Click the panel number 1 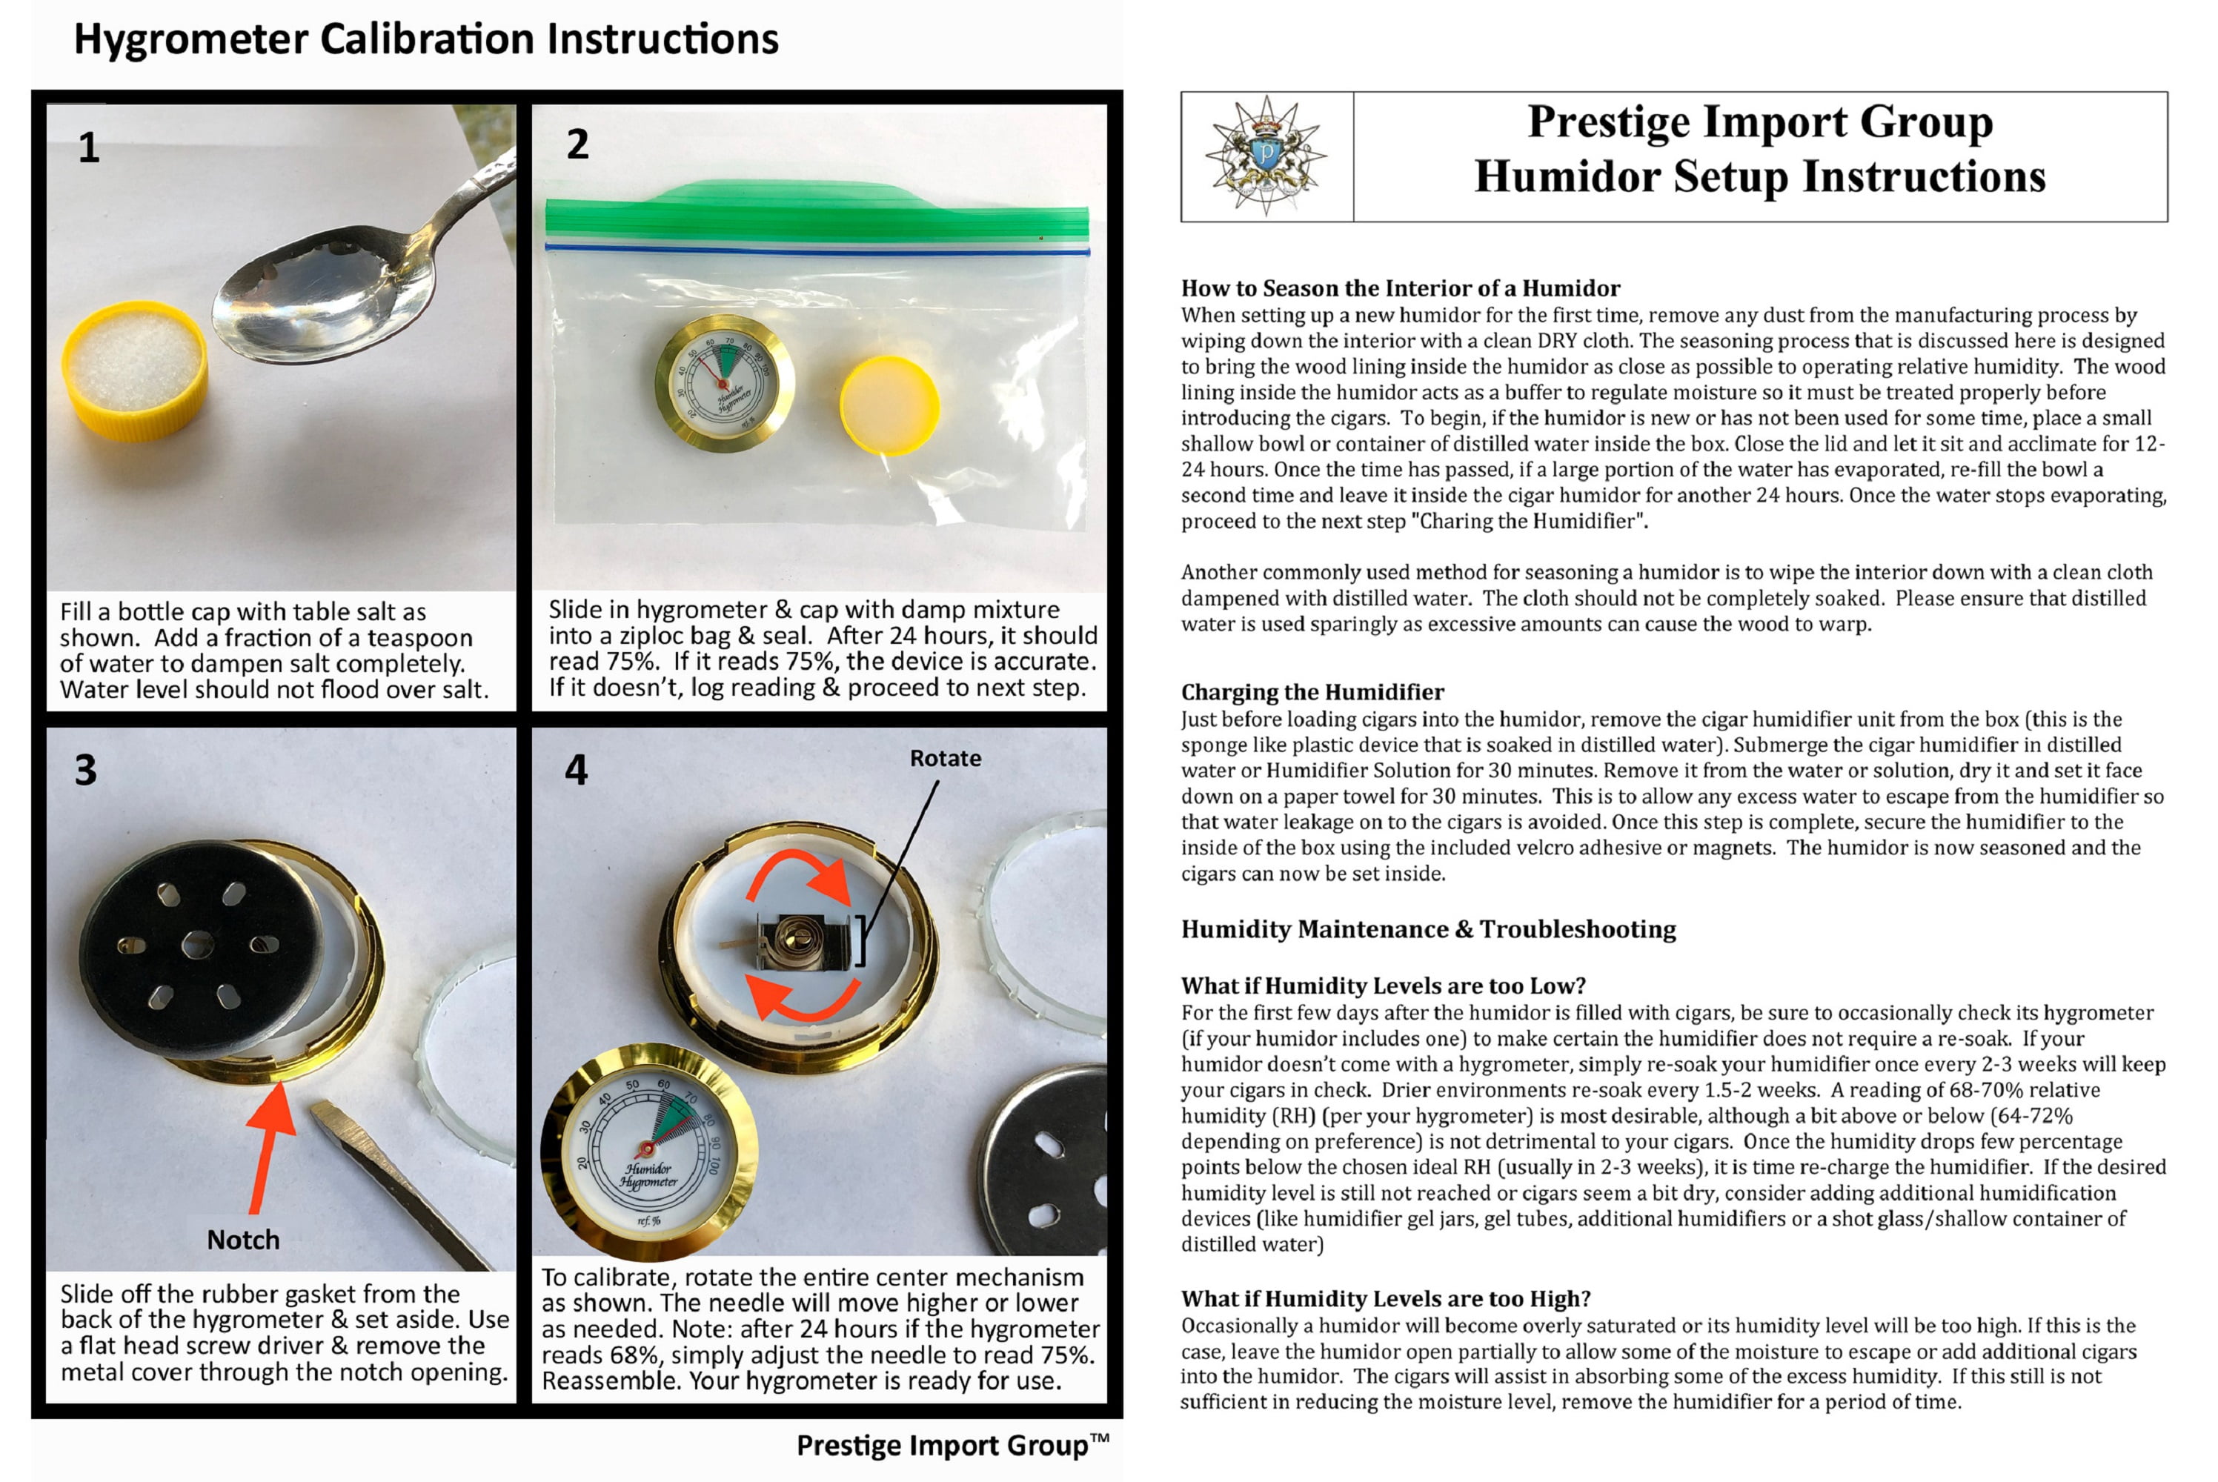click(89, 147)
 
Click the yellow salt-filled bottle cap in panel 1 click(135, 370)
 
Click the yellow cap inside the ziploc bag click(889, 405)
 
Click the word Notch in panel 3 click(243, 1240)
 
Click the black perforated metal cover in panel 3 click(199, 944)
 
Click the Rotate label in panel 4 click(945, 758)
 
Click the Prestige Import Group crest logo click(1266, 156)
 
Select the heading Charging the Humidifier click(1312, 692)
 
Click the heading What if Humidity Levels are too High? click(1386, 1299)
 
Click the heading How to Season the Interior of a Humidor click(1401, 288)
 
